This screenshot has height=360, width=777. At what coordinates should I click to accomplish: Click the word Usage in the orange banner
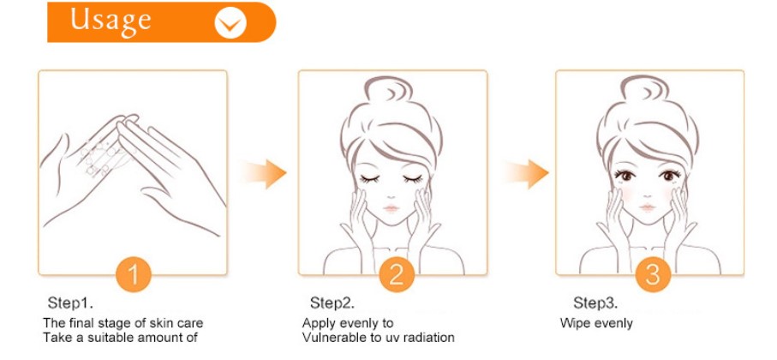pyautogui.click(x=111, y=21)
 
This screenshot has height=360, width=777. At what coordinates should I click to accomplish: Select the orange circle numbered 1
pyautogui.click(x=134, y=274)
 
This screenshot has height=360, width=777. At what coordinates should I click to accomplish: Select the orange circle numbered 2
pyautogui.click(x=397, y=274)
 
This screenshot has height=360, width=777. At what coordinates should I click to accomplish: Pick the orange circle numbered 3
pyautogui.click(x=653, y=274)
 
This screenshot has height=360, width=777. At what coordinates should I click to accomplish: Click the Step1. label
pyautogui.click(x=70, y=303)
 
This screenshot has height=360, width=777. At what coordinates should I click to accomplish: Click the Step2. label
pyautogui.click(x=332, y=303)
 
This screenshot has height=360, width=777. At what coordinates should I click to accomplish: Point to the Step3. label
pyautogui.click(x=595, y=303)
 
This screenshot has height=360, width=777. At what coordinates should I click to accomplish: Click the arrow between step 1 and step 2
pyautogui.click(x=264, y=173)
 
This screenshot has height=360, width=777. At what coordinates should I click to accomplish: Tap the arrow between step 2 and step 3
pyautogui.click(x=526, y=173)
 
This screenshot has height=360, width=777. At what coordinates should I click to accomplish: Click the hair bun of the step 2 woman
pyautogui.click(x=389, y=89)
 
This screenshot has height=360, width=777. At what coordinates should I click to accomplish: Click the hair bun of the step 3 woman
pyautogui.click(x=645, y=88)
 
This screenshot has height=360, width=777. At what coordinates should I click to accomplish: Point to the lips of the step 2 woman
pyautogui.click(x=391, y=208)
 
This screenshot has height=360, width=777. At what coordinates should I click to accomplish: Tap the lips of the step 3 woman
pyautogui.click(x=648, y=207)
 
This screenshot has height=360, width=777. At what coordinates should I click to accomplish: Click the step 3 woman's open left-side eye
pyautogui.click(x=625, y=175)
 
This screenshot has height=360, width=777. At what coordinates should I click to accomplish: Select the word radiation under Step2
pyautogui.click(x=428, y=338)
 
